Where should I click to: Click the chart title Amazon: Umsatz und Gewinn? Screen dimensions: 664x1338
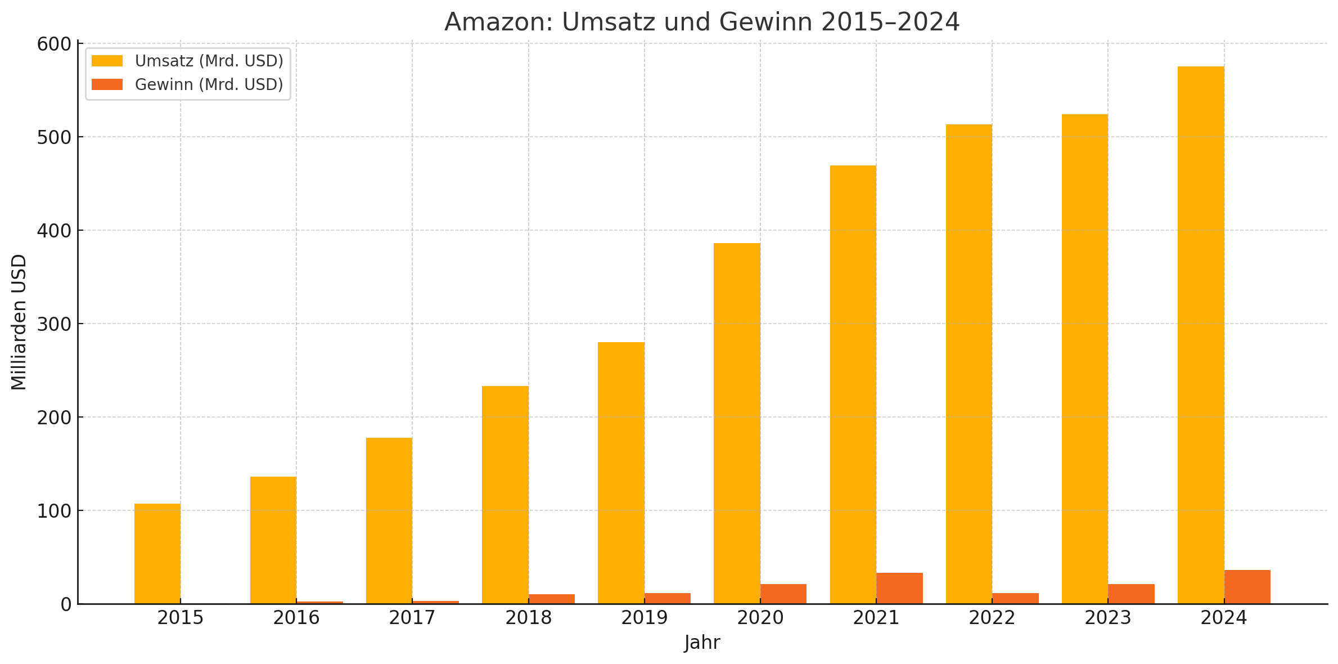coord(701,23)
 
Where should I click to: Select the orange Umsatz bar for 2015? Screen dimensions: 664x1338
coord(157,554)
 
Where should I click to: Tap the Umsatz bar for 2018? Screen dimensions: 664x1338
coord(505,495)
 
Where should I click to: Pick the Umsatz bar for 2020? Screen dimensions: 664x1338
coord(737,423)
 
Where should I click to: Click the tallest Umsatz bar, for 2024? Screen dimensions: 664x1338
coord(1201,335)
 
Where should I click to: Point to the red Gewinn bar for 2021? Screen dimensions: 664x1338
coord(899,589)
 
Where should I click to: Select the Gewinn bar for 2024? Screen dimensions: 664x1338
coord(1247,587)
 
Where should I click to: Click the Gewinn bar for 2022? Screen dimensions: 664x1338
coord(1015,598)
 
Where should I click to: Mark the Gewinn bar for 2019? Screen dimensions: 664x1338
coord(668,598)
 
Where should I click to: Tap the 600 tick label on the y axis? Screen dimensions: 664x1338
coord(54,44)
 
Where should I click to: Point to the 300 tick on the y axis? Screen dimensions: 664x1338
coord(54,324)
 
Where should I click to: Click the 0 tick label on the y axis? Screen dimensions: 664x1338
coord(66,604)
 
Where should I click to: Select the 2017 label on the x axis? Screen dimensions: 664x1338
coord(412,618)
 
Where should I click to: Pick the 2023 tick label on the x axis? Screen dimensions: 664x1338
coord(1107,618)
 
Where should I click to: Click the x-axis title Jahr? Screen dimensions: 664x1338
coord(702,643)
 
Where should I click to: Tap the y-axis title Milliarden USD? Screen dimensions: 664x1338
coord(19,322)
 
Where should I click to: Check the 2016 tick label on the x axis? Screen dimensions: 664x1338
coord(296,618)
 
